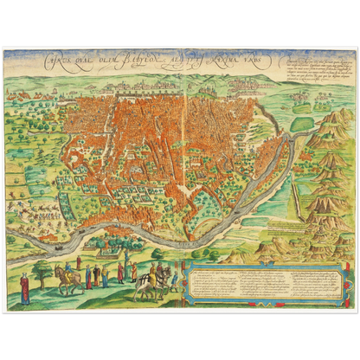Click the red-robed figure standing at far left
pyautogui.click(x=25, y=288)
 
